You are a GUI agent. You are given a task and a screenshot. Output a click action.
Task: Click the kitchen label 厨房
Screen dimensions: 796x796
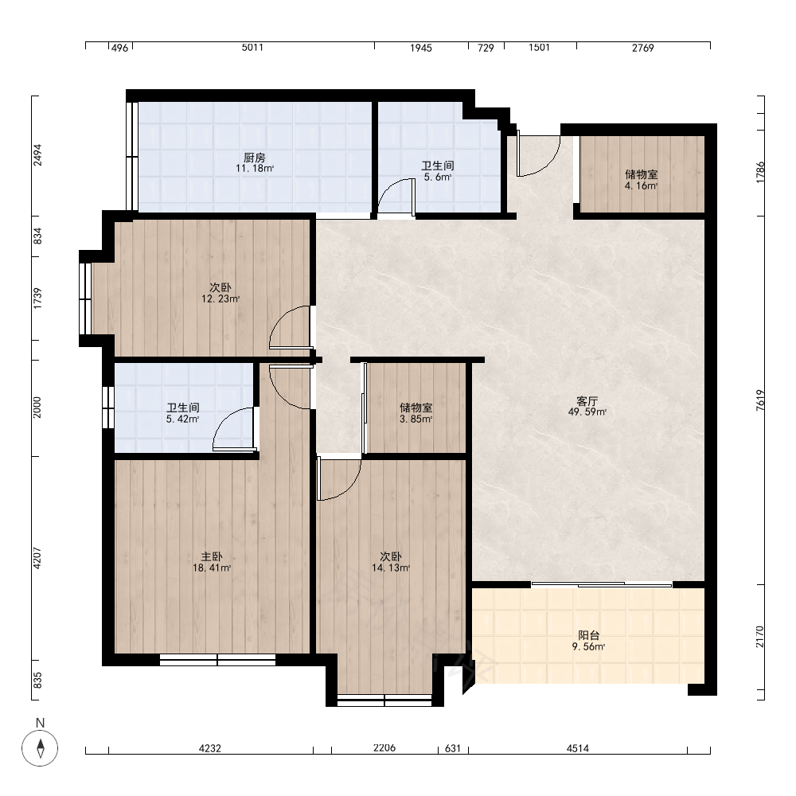click(255, 158)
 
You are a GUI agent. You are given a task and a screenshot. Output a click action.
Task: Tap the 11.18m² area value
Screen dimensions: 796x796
click(255, 169)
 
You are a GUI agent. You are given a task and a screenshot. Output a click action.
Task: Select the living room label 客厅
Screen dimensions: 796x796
click(587, 401)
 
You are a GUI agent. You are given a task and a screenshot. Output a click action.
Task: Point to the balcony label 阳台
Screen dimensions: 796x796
click(589, 635)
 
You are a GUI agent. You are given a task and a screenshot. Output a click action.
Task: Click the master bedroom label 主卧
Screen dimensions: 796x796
click(212, 557)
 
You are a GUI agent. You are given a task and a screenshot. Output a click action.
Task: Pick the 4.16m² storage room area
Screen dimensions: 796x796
click(641, 185)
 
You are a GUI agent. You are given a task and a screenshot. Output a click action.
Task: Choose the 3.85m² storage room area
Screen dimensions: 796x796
click(416, 419)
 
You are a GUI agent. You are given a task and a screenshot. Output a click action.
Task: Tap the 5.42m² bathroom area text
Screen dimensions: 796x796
click(183, 419)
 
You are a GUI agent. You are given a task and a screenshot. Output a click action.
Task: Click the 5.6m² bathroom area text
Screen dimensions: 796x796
click(438, 178)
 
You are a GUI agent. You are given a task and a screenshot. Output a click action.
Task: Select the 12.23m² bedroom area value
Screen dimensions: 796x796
click(220, 299)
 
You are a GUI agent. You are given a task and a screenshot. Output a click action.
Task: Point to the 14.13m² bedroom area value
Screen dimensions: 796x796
click(391, 568)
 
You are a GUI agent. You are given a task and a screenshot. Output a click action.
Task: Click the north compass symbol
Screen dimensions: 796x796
click(40, 747)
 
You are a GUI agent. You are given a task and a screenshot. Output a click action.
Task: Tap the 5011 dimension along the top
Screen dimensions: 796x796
click(252, 48)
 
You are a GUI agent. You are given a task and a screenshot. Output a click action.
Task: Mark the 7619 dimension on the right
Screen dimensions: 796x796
click(760, 400)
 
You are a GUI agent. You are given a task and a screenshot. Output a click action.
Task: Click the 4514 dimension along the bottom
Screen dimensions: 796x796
click(578, 747)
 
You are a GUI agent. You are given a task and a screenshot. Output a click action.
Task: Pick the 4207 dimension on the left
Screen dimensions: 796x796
click(37, 558)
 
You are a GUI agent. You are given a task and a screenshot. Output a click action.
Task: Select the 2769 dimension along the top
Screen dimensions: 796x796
click(642, 48)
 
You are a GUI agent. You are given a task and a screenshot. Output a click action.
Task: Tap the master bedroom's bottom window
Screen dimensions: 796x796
click(218, 660)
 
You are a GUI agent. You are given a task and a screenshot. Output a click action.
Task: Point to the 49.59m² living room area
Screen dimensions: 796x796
click(587, 412)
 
